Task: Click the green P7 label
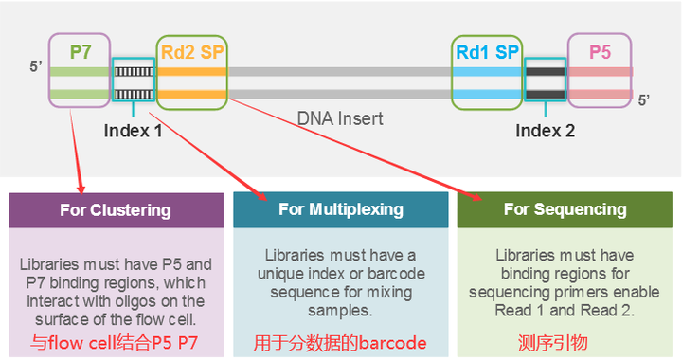pyautogui.click(x=81, y=51)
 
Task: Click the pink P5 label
pyautogui.click(x=600, y=51)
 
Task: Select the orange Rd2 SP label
pyautogui.click(x=192, y=51)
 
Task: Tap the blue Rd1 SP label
pyautogui.click(x=487, y=51)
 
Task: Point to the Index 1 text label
pyautogui.click(x=133, y=131)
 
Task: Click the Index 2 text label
pyautogui.click(x=545, y=131)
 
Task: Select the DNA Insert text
pyautogui.click(x=340, y=118)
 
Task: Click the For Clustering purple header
pyautogui.click(x=116, y=209)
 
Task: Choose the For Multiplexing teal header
pyautogui.click(x=340, y=209)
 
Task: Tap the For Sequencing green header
pyautogui.click(x=565, y=209)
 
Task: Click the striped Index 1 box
pyautogui.click(x=133, y=81)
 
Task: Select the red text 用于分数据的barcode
pyautogui.click(x=340, y=342)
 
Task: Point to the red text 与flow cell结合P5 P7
pyautogui.click(x=116, y=342)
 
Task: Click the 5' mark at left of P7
pyautogui.click(x=36, y=67)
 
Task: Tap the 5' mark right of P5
pyautogui.click(x=644, y=99)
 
